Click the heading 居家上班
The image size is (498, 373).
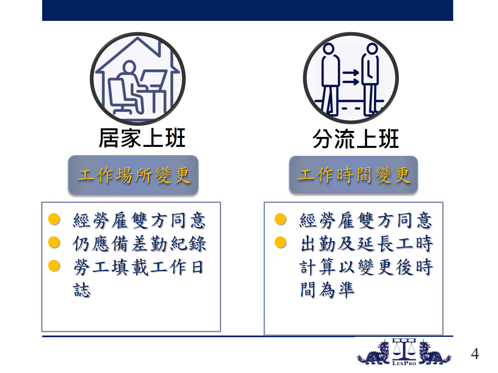click(142, 138)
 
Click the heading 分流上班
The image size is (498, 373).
click(356, 139)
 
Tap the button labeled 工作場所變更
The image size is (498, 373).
click(133, 175)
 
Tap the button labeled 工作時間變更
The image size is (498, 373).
click(353, 175)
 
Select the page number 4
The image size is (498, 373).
click(475, 354)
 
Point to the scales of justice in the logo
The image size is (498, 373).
click(404, 349)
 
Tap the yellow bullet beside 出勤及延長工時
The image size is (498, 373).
click(281, 242)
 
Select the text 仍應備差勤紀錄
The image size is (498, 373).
click(139, 244)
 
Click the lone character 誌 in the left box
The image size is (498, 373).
click(82, 290)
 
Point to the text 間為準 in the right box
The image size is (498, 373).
click(327, 290)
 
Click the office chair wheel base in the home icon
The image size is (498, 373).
click(123, 110)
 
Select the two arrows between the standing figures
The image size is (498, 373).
click(351, 77)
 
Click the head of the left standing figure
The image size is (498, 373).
click(328, 49)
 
